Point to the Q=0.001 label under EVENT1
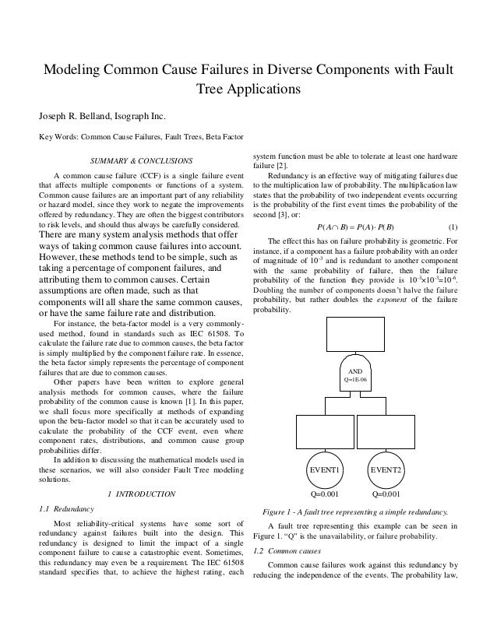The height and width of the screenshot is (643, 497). click(x=327, y=494)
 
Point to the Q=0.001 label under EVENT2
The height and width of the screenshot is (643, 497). click(x=386, y=494)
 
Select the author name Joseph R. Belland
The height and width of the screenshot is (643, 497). click(x=72, y=117)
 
